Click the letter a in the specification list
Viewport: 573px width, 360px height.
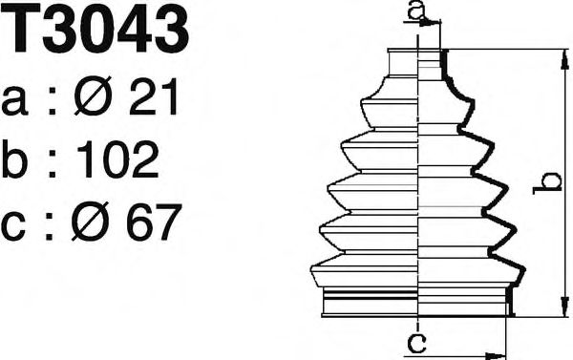16,100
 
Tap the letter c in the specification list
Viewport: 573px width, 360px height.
16,228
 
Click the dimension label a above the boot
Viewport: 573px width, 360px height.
415,11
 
